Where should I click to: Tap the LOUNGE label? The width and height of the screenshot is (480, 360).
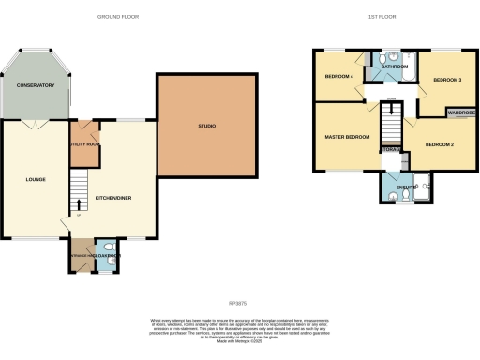36,179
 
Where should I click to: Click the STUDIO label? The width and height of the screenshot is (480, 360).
206,126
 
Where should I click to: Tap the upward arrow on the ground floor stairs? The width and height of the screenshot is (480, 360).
79,203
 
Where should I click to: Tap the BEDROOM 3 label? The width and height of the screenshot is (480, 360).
447,80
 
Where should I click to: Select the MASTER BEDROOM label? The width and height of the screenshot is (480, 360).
347,138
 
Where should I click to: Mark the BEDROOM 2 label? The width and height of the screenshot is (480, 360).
439,144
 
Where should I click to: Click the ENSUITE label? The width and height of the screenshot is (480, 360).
406,187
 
